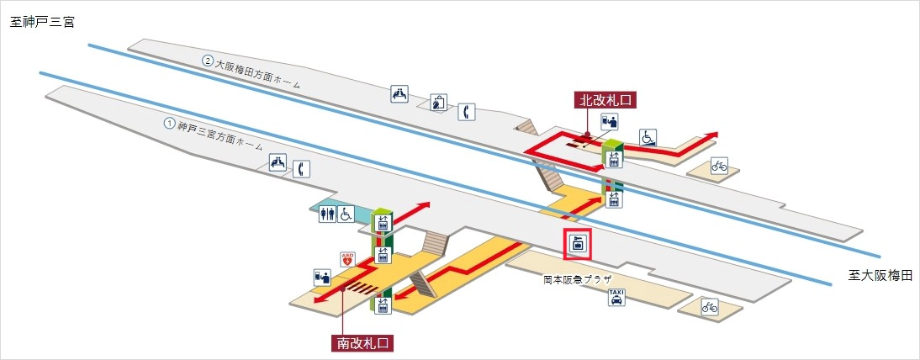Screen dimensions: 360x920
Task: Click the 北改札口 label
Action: click(x=605, y=100)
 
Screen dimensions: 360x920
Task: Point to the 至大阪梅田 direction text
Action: click(x=879, y=275)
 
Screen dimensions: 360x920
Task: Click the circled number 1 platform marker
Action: click(x=169, y=123)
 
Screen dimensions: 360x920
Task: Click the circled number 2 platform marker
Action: click(x=207, y=61)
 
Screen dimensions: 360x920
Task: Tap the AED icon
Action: click(x=346, y=261)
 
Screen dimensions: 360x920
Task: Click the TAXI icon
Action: click(x=616, y=298)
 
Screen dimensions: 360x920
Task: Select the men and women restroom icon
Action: click(x=328, y=214)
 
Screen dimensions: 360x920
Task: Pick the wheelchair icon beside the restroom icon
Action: click(x=345, y=214)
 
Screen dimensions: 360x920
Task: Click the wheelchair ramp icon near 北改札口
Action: click(x=648, y=136)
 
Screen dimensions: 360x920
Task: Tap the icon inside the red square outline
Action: click(x=578, y=245)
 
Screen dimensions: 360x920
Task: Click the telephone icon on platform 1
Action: click(x=300, y=168)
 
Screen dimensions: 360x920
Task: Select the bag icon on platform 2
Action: click(x=438, y=103)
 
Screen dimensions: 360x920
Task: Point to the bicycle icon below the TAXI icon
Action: click(x=710, y=309)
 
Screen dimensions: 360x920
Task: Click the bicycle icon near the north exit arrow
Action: click(x=720, y=166)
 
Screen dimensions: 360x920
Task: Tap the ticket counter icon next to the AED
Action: click(x=322, y=276)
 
